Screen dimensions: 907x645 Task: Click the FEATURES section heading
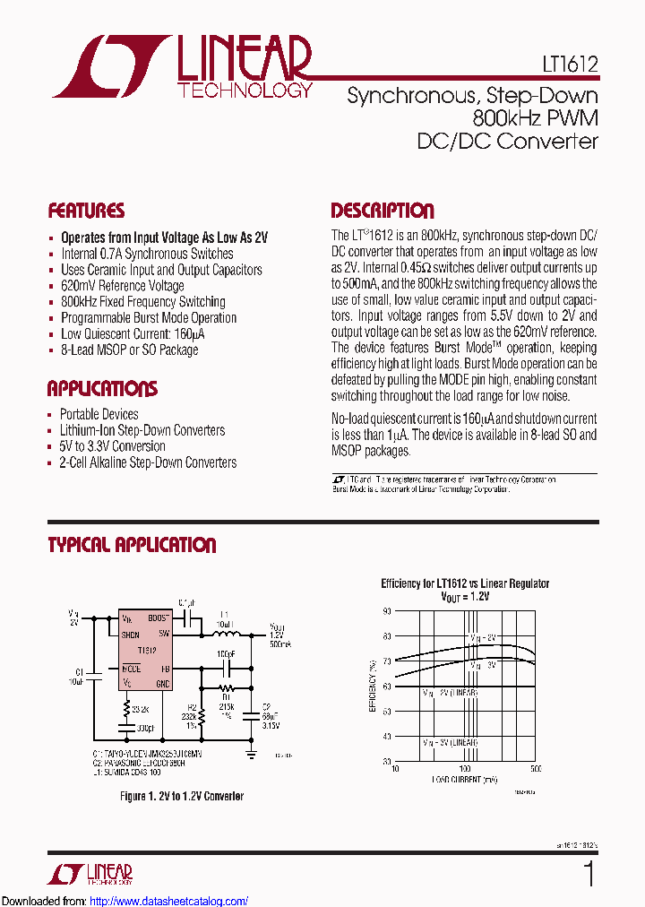click(86, 212)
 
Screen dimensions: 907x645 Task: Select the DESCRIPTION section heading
click(383, 212)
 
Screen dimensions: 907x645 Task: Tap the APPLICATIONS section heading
click(102, 389)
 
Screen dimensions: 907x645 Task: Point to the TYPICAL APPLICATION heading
click(132, 545)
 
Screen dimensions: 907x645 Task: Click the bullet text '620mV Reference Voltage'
click(123, 286)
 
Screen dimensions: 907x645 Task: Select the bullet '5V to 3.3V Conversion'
click(113, 446)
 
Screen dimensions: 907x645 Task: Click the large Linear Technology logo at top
click(179, 67)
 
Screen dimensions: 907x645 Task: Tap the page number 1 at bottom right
click(589, 874)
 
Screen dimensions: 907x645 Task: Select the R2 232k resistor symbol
click(202, 707)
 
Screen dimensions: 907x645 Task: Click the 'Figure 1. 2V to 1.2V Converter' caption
click(182, 796)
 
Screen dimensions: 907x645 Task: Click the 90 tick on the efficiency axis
click(387, 610)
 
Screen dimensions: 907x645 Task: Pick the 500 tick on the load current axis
click(536, 769)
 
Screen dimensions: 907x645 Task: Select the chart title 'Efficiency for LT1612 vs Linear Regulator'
click(465, 583)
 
